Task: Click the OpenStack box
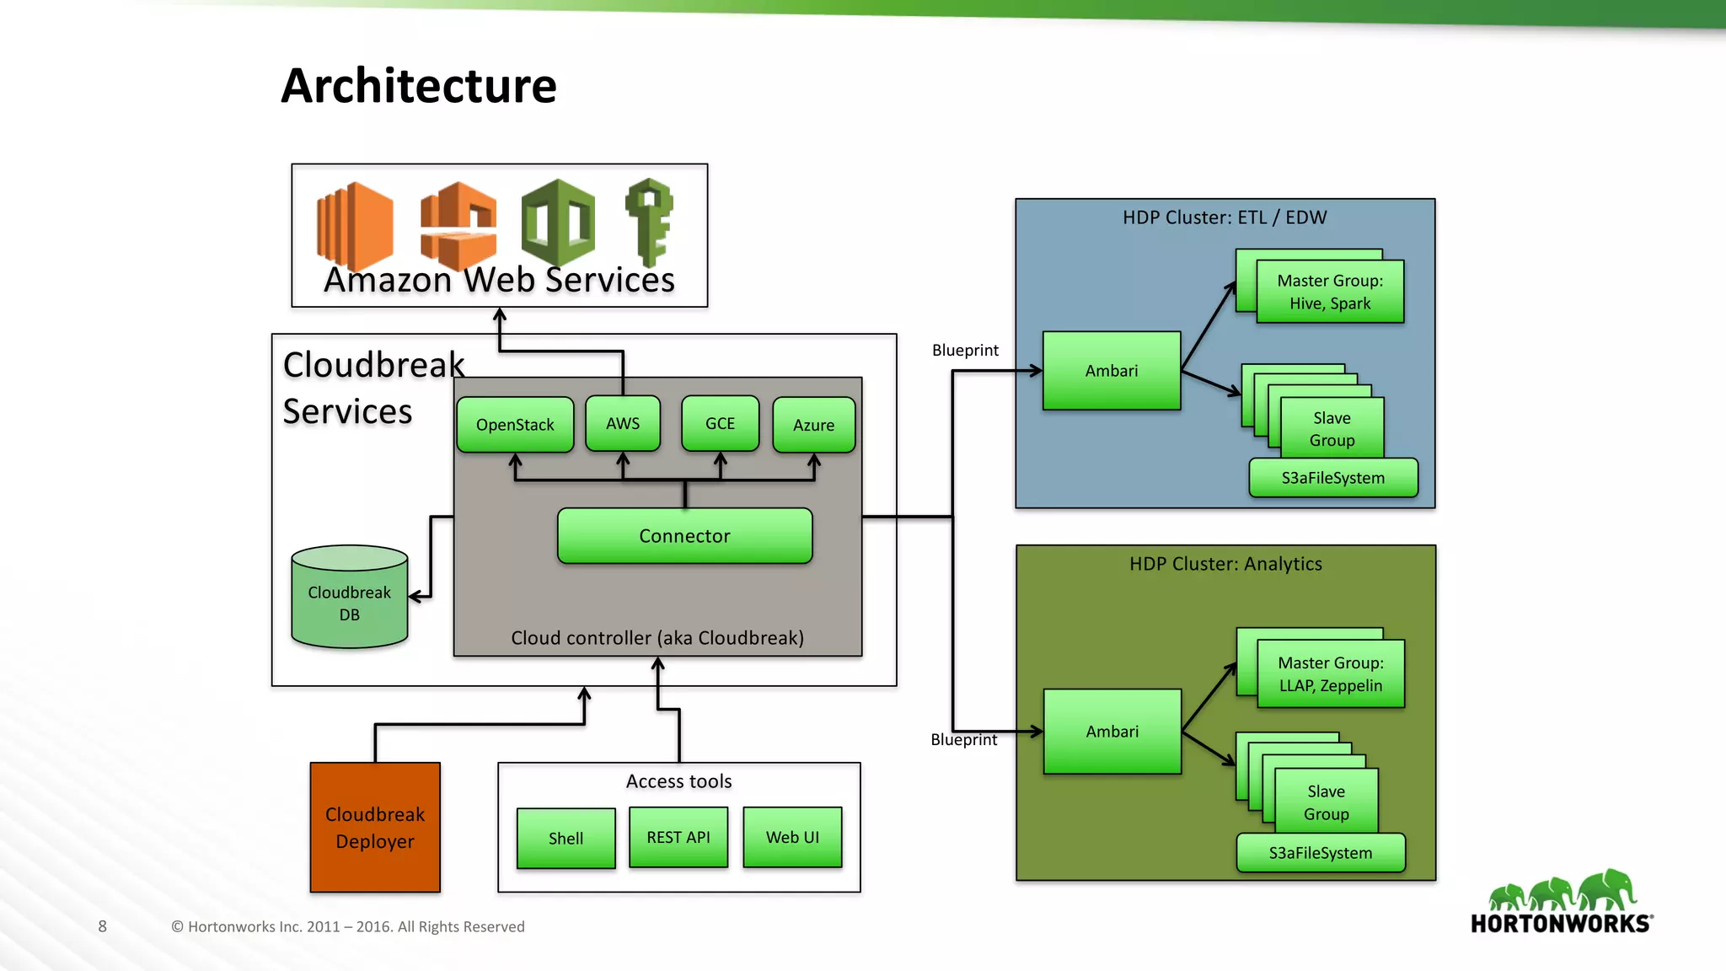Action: [x=515, y=425]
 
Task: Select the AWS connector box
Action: [x=623, y=423]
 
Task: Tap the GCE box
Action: [x=720, y=423]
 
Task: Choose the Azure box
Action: [x=813, y=425]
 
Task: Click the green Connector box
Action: [x=684, y=536]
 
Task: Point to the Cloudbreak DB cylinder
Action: [x=349, y=598]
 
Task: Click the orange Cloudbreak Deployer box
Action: [x=375, y=827]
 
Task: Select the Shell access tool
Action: [x=566, y=838]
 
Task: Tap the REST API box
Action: [x=678, y=837]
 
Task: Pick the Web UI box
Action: [x=792, y=837]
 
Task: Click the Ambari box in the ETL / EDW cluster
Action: [x=1112, y=371]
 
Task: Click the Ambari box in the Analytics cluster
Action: [x=1112, y=732]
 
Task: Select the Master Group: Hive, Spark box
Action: [x=1330, y=292]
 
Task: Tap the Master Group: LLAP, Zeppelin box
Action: [x=1330, y=673]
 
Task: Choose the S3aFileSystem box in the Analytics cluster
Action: [x=1321, y=852]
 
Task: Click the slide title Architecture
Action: [x=419, y=86]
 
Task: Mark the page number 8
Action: [x=102, y=926]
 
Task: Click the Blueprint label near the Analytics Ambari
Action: [x=963, y=740]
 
